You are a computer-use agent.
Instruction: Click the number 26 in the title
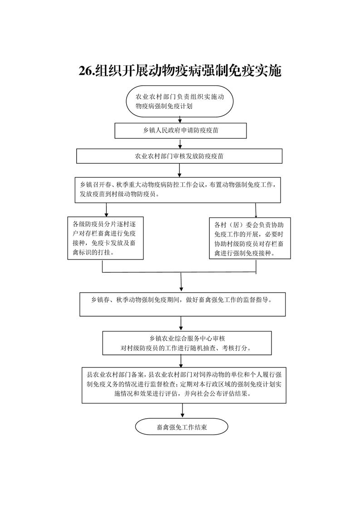(x=86, y=70)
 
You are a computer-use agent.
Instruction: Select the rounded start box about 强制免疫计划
(x=180, y=101)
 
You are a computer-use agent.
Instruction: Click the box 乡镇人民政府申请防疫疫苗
(x=180, y=131)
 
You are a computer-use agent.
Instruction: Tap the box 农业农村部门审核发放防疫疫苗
(x=179, y=156)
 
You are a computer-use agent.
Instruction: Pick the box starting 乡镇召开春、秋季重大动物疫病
(x=178, y=190)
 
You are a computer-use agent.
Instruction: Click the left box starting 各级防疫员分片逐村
(x=106, y=238)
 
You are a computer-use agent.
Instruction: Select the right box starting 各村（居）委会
(x=250, y=238)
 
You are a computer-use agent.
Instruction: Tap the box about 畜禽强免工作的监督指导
(x=182, y=304)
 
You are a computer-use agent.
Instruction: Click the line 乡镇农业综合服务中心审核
(x=187, y=338)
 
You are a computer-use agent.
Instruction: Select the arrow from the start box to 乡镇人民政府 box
(x=180, y=120)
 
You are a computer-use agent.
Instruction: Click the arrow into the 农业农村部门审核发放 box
(x=180, y=144)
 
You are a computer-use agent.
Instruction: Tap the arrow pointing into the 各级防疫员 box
(x=106, y=210)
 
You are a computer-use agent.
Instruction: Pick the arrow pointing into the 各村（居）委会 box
(x=256, y=210)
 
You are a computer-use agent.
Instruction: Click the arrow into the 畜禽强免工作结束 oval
(x=182, y=410)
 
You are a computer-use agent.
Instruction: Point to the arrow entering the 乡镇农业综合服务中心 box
(x=181, y=323)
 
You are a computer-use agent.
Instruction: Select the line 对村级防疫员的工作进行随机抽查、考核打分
(x=186, y=348)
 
